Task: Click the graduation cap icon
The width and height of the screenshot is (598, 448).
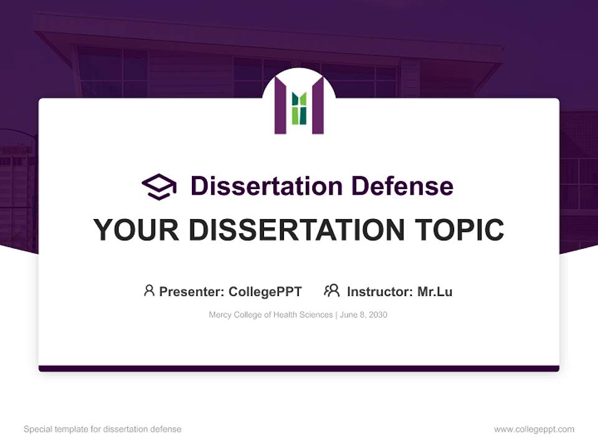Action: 159,187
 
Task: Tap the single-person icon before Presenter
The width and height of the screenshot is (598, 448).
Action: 149,291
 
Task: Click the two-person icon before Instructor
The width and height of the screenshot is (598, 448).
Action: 332,291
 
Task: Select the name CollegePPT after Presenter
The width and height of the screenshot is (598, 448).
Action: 265,292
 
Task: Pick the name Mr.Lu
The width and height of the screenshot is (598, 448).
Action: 435,292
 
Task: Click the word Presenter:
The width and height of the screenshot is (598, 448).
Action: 192,292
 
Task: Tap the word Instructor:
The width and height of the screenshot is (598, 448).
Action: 380,292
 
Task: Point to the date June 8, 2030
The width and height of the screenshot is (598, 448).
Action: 364,315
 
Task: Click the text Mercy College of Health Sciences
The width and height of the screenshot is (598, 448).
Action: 271,315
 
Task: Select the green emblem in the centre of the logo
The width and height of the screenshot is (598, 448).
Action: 299,108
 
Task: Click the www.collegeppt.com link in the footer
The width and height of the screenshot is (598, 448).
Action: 534,429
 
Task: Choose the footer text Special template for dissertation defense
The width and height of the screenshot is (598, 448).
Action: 103,429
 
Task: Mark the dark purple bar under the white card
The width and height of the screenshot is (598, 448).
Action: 299,368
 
